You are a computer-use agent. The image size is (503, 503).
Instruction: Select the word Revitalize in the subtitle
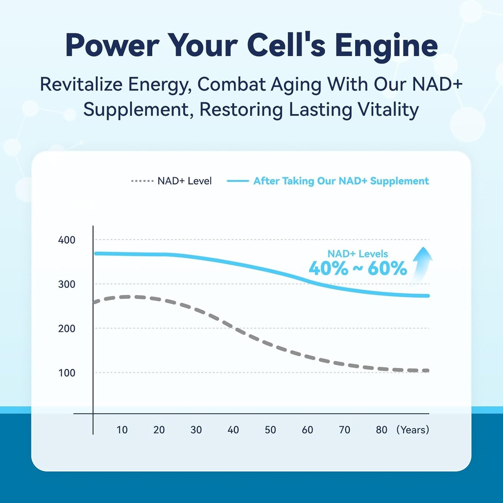pyautogui.click(x=81, y=84)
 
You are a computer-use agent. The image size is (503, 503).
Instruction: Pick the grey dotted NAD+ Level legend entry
pyautogui.click(x=171, y=181)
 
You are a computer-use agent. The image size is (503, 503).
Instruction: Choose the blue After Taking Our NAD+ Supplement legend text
pyautogui.click(x=341, y=181)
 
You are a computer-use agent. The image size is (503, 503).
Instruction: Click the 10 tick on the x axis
pyautogui.click(x=122, y=430)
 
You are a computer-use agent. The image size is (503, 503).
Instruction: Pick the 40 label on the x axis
pyautogui.click(x=233, y=430)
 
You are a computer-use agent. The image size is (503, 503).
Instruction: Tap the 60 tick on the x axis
pyautogui.click(x=307, y=430)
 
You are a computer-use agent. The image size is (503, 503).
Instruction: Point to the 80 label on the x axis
pyautogui.click(x=382, y=430)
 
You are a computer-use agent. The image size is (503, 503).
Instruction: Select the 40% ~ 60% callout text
pyautogui.click(x=358, y=268)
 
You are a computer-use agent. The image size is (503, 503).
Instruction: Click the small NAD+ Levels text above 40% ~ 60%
pyautogui.click(x=358, y=253)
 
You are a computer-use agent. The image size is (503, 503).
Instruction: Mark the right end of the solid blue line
pyautogui.click(x=428, y=296)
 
